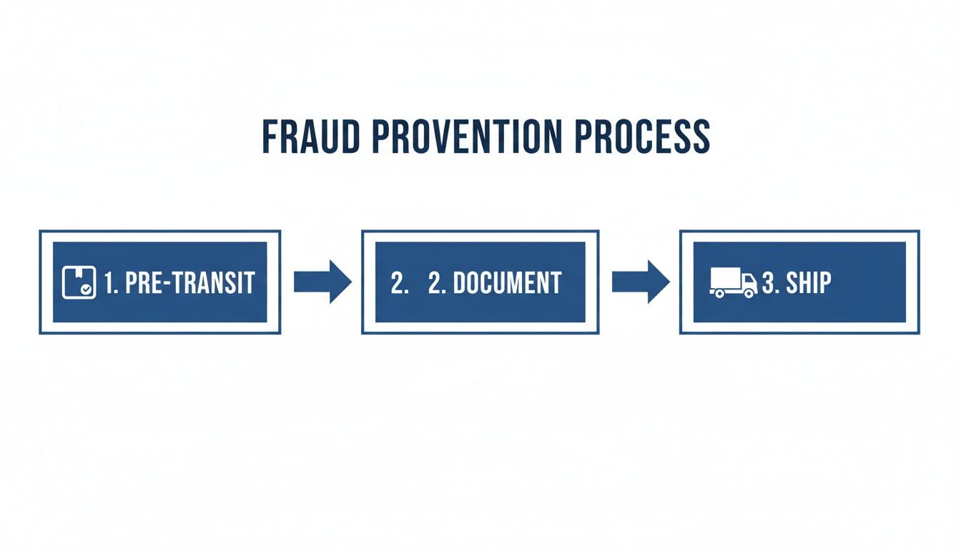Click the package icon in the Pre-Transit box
pyautogui.click(x=78, y=282)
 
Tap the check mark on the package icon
pyautogui.click(x=86, y=290)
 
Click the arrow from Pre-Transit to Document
pyautogui.click(x=322, y=282)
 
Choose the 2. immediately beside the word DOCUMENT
pyautogui.click(x=436, y=283)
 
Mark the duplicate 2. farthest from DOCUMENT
pyautogui.click(x=399, y=283)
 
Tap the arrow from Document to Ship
pyautogui.click(x=640, y=282)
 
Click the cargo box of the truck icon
pyautogui.click(x=725, y=279)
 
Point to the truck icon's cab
pyautogui.click(x=749, y=282)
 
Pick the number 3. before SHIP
pyautogui.click(x=769, y=283)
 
